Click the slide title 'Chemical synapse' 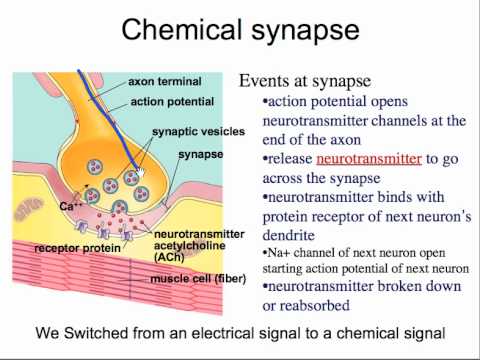[x=240, y=30]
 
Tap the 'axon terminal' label [x=165, y=81]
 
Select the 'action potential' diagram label [x=172, y=102]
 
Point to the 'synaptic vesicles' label [x=199, y=132]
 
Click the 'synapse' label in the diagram [x=201, y=155]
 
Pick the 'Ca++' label [x=70, y=206]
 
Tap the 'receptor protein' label [x=77, y=248]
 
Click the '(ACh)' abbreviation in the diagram [x=169, y=257]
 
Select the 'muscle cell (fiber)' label [x=198, y=279]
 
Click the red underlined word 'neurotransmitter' [x=369, y=159]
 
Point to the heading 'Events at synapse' [x=305, y=81]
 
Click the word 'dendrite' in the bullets [x=289, y=235]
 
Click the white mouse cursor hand [x=141, y=173]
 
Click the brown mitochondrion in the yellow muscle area [x=28, y=208]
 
